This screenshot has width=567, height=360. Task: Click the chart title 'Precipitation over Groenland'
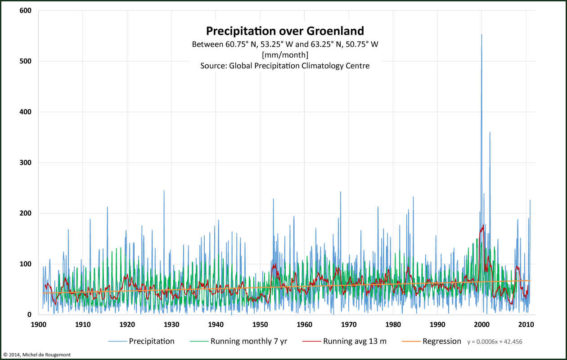tap(285, 31)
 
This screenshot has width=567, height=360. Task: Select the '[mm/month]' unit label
tap(285, 55)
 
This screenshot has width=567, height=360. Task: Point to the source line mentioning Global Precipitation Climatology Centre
tap(285, 66)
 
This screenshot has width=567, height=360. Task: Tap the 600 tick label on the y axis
tap(26, 10)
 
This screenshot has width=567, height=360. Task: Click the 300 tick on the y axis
tap(26, 162)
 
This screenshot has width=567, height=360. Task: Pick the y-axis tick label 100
tap(26, 264)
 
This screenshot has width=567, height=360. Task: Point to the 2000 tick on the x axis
tap(482, 324)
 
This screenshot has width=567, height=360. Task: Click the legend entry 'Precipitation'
tap(151, 341)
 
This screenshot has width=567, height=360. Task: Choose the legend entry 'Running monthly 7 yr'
tap(248, 341)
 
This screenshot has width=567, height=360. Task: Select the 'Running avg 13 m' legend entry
tap(355, 341)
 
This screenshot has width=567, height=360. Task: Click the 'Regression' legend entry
tap(441, 341)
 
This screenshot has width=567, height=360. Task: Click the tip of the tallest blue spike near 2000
tap(481, 35)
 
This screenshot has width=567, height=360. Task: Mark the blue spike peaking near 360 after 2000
tap(490, 132)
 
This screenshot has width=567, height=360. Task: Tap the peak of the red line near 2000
tap(483, 225)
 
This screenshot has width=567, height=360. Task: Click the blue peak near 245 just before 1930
tap(164, 190)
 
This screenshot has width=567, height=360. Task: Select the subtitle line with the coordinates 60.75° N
tap(285, 44)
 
